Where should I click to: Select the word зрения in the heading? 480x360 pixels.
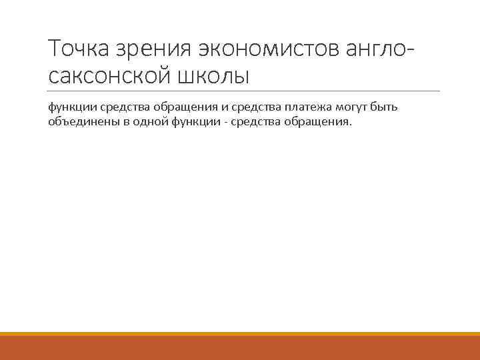tap(153, 49)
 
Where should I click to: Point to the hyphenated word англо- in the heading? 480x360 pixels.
tap(387, 49)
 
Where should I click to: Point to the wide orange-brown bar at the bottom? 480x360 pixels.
tap(240, 348)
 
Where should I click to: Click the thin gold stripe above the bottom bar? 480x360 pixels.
tap(240, 334)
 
